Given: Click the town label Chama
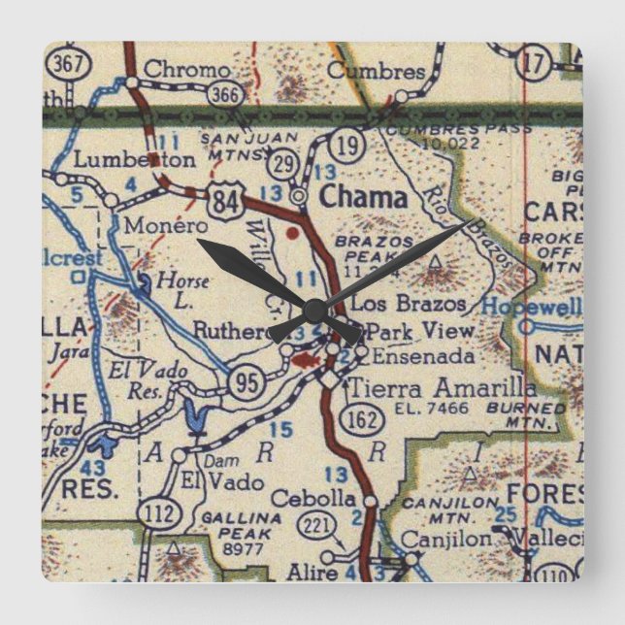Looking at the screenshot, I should [364, 197].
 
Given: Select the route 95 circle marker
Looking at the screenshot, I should [246, 382].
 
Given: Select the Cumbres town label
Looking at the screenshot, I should [376, 71].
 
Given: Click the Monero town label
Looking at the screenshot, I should [158, 222].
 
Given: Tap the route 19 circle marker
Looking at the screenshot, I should [348, 147].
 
